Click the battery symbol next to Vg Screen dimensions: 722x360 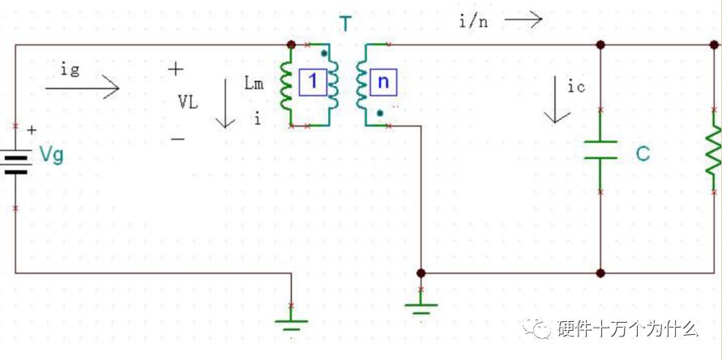[17, 164]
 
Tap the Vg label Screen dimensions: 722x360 [51, 156]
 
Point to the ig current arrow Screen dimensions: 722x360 [82, 88]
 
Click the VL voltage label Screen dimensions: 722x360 [188, 103]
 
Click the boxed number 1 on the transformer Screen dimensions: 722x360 [313, 82]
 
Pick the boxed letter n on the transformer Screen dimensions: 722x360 [383, 82]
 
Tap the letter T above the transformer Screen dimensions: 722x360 [345, 24]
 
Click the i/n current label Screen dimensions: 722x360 [473, 22]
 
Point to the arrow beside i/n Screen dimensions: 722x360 [523, 19]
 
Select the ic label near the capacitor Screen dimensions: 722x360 [576, 87]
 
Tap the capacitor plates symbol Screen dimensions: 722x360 [600, 150]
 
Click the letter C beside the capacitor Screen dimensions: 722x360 [643, 154]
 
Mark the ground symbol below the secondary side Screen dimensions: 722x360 [421, 307]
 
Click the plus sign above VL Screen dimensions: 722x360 [175, 70]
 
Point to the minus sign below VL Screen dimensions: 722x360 [178, 139]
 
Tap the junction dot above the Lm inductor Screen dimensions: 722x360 [291, 45]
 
